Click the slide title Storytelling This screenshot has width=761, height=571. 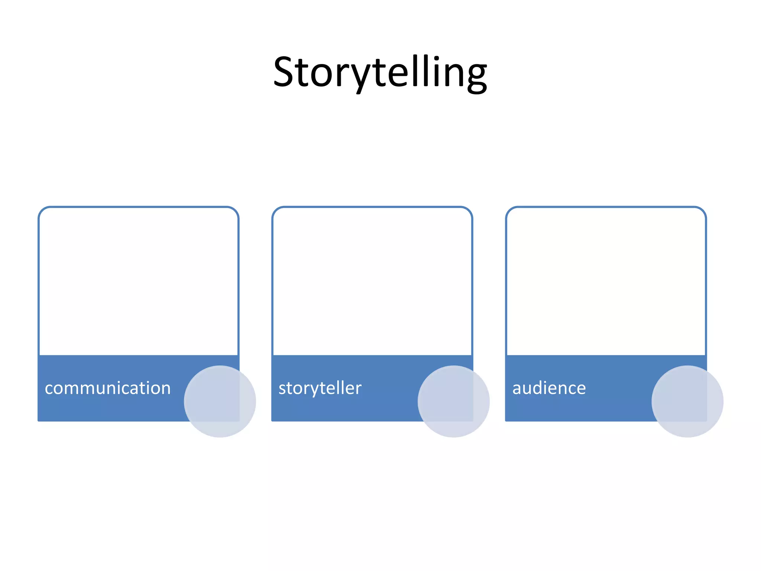tap(380, 72)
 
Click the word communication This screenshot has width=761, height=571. tap(107, 388)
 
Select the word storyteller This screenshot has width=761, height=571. tap(320, 388)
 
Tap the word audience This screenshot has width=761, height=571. tap(549, 388)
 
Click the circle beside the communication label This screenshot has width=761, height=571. tap(220, 401)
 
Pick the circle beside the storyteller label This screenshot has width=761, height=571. tap(453, 401)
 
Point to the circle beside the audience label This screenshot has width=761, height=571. tap(687, 401)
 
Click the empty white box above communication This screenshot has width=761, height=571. tap(138, 281)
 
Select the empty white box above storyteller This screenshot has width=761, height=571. tap(372, 281)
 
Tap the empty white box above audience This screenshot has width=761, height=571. tap(606, 281)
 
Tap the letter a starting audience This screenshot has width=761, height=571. tap(517, 389)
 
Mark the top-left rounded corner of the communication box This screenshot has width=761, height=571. tap(42, 210)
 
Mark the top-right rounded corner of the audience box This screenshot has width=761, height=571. tap(702, 210)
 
